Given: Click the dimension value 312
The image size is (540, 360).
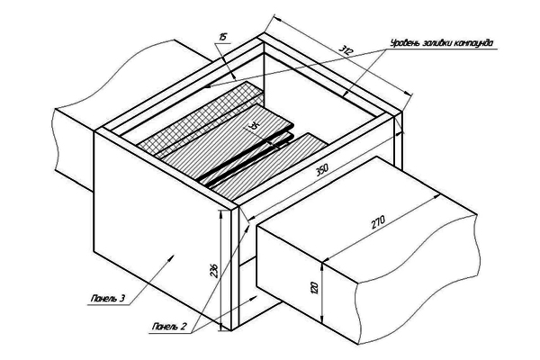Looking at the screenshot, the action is click(x=346, y=50).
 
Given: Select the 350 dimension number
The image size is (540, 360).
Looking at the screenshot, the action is click(x=323, y=170).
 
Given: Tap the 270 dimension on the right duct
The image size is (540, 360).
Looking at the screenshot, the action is click(x=378, y=222).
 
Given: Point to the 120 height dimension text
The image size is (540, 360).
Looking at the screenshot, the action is click(x=314, y=288).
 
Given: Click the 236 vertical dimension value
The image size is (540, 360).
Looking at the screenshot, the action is click(x=213, y=270).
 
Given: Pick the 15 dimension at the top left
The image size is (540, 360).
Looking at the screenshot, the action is click(x=222, y=37).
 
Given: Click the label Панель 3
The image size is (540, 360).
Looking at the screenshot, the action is click(x=107, y=298).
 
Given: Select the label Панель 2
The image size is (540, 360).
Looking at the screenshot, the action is click(x=169, y=326).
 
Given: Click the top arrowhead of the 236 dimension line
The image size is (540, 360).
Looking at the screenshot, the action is click(x=220, y=214).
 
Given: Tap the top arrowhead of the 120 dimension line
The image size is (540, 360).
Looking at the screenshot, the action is click(x=322, y=266).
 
